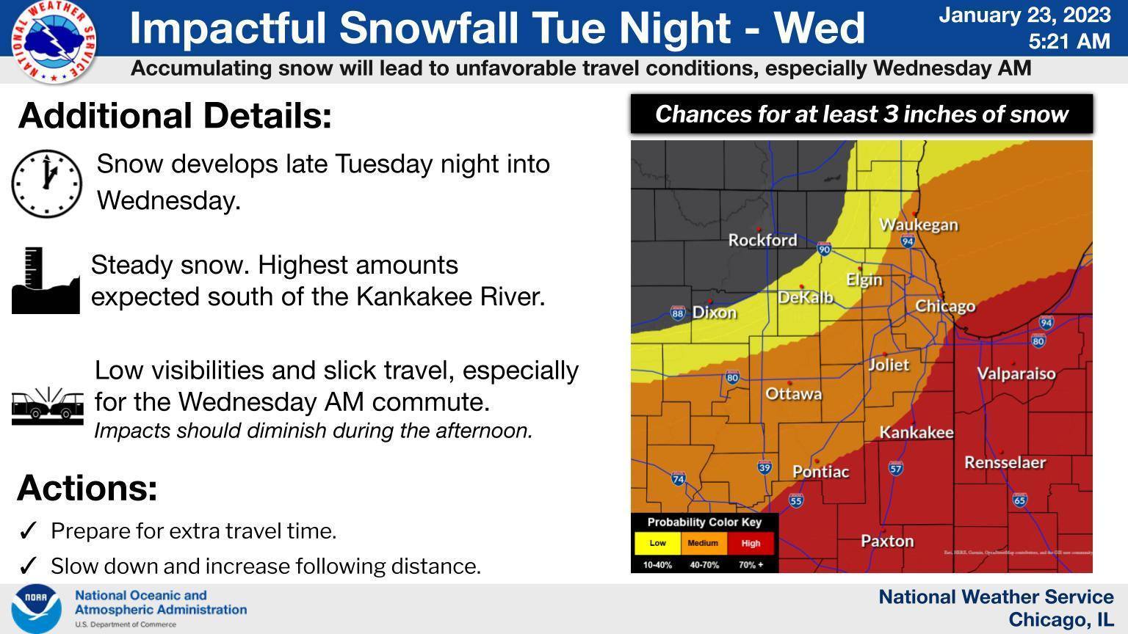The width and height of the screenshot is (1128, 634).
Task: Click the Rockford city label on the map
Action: [x=762, y=240]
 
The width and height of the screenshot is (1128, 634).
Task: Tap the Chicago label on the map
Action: [x=945, y=306]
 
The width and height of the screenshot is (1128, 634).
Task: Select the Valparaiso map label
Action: [x=1016, y=374]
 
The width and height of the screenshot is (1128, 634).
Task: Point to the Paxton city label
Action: [x=887, y=542]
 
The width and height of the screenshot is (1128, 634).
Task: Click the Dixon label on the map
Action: [x=714, y=313]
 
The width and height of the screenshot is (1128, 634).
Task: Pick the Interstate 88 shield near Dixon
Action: [x=677, y=313]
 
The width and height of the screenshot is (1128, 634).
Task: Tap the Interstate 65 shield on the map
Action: [x=1019, y=500]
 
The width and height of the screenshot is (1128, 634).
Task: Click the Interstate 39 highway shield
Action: [x=764, y=467]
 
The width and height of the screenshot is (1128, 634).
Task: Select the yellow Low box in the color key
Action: [x=657, y=544]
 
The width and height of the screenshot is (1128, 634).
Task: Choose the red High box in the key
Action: [x=751, y=544]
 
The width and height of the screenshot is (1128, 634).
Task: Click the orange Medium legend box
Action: [x=703, y=544]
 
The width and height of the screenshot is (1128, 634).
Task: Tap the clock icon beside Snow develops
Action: [x=46, y=183]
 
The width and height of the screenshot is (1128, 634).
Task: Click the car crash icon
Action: [x=47, y=406]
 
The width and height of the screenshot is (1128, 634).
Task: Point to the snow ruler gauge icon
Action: [x=45, y=281]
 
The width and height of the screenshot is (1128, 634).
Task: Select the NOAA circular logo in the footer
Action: [x=36, y=608]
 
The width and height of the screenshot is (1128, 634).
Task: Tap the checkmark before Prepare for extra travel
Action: [x=28, y=531]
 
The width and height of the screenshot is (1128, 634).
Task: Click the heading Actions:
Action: [x=87, y=488]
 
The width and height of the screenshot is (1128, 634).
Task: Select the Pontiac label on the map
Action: [x=820, y=472]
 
